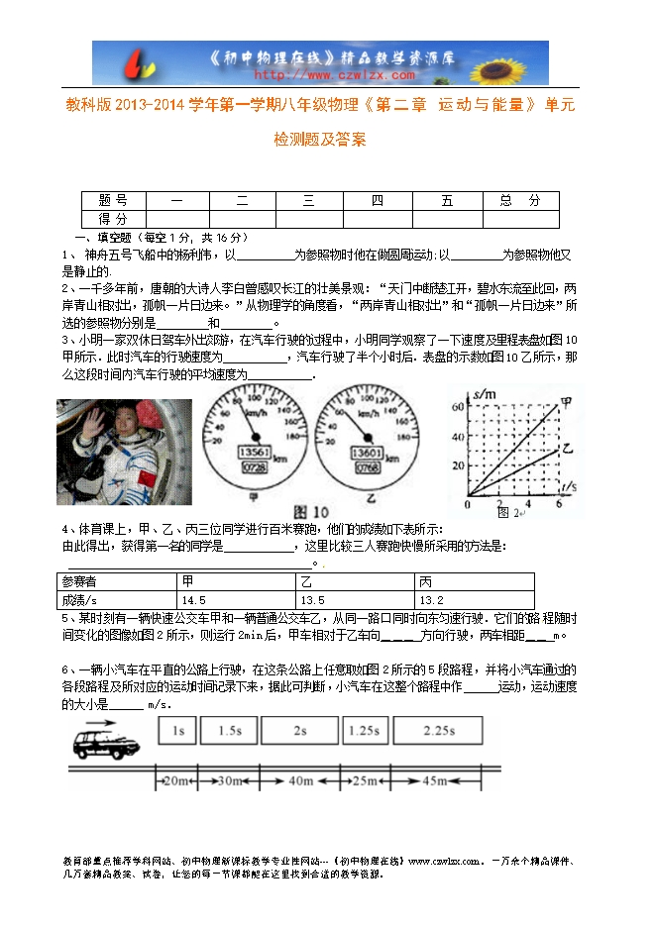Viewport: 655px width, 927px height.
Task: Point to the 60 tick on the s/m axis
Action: pos(458,406)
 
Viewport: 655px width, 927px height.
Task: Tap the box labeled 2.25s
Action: pos(437,731)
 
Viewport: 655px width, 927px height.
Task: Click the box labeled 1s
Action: pos(178,731)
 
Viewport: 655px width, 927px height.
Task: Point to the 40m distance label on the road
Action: pos(299,781)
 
